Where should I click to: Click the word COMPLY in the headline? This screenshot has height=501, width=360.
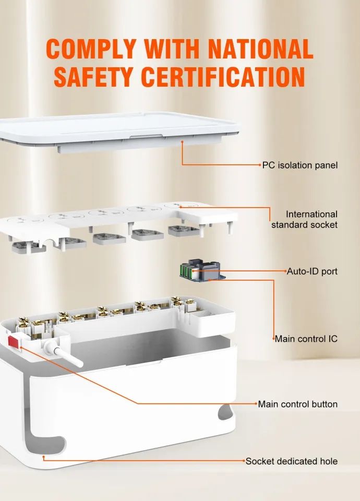91,49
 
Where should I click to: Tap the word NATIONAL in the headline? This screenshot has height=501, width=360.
260,49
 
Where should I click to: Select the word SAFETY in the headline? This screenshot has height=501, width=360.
93,77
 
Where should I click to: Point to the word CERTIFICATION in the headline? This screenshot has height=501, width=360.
223,77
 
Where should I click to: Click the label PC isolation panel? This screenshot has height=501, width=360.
300,165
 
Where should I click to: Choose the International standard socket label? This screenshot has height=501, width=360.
304,219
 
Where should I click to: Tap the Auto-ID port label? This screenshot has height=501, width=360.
312,271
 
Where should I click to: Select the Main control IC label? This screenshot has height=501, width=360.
306,339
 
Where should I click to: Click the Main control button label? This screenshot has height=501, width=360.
298,404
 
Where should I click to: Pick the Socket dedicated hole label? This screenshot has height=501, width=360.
291,461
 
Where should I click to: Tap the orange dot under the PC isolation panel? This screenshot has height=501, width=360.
183,141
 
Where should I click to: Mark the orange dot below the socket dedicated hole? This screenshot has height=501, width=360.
43,457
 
